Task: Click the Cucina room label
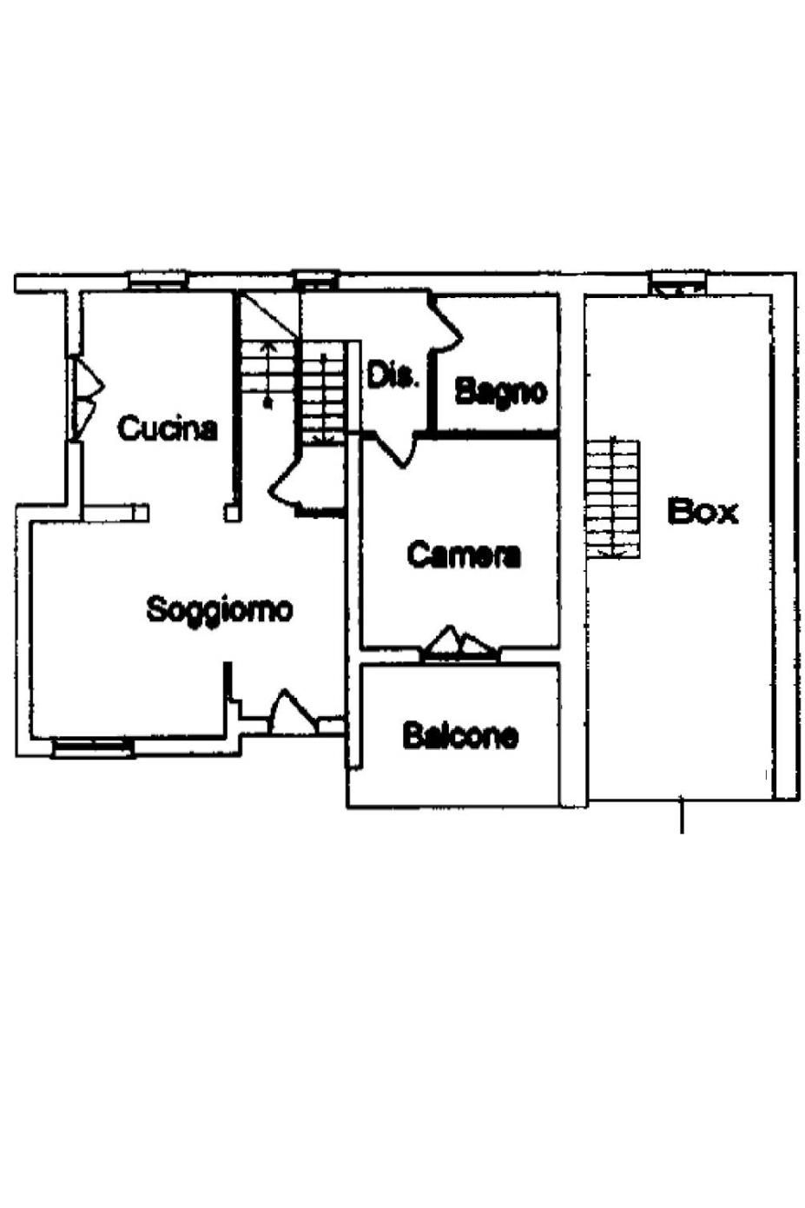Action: tap(167, 428)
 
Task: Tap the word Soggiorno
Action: tap(220, 610)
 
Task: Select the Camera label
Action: tap(464, 554)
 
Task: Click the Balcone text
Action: tap(461, 734)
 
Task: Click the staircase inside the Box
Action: tap(613, 498)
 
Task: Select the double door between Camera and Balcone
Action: tap(459, 643)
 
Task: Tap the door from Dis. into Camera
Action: tap(396, 448)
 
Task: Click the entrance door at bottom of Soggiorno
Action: tap(294, 711)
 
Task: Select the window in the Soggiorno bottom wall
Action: tap(93, 748)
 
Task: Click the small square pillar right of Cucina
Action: tap(232, 513)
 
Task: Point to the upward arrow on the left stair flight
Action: tap(267, 373)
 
